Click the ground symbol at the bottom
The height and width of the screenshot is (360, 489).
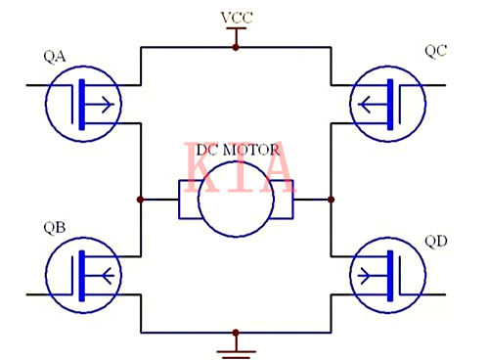[x=236, y=343]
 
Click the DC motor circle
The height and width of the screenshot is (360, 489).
[x=236, y=199]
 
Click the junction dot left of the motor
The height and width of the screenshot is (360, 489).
[x=141, y=200]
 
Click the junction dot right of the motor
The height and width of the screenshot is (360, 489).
[x=332, y=200]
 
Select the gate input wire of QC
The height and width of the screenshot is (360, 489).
[x=436, y=86]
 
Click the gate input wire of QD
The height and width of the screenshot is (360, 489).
[x=436, y=293]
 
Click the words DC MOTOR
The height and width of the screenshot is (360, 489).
[x=238, y=151]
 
